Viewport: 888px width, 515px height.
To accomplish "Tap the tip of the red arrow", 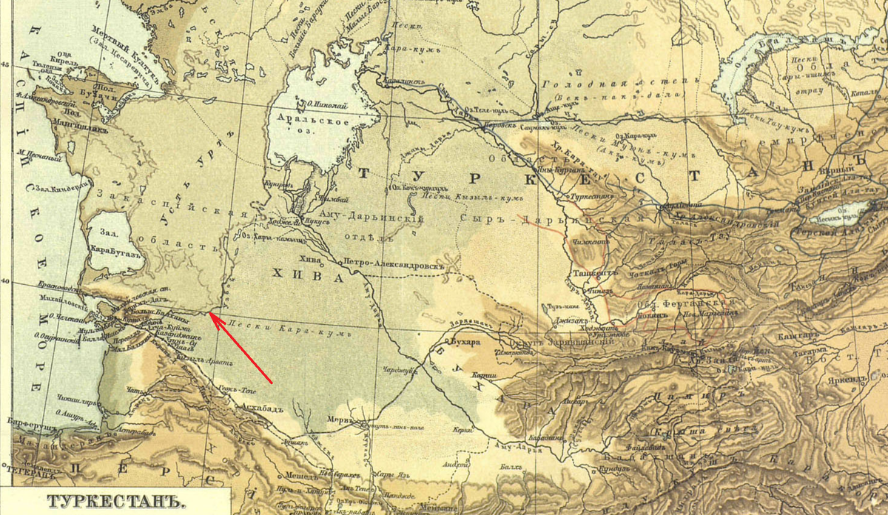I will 209,313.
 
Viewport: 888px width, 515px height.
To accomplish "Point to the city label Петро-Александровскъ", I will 392,263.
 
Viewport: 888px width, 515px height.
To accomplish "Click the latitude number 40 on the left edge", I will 5,282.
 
